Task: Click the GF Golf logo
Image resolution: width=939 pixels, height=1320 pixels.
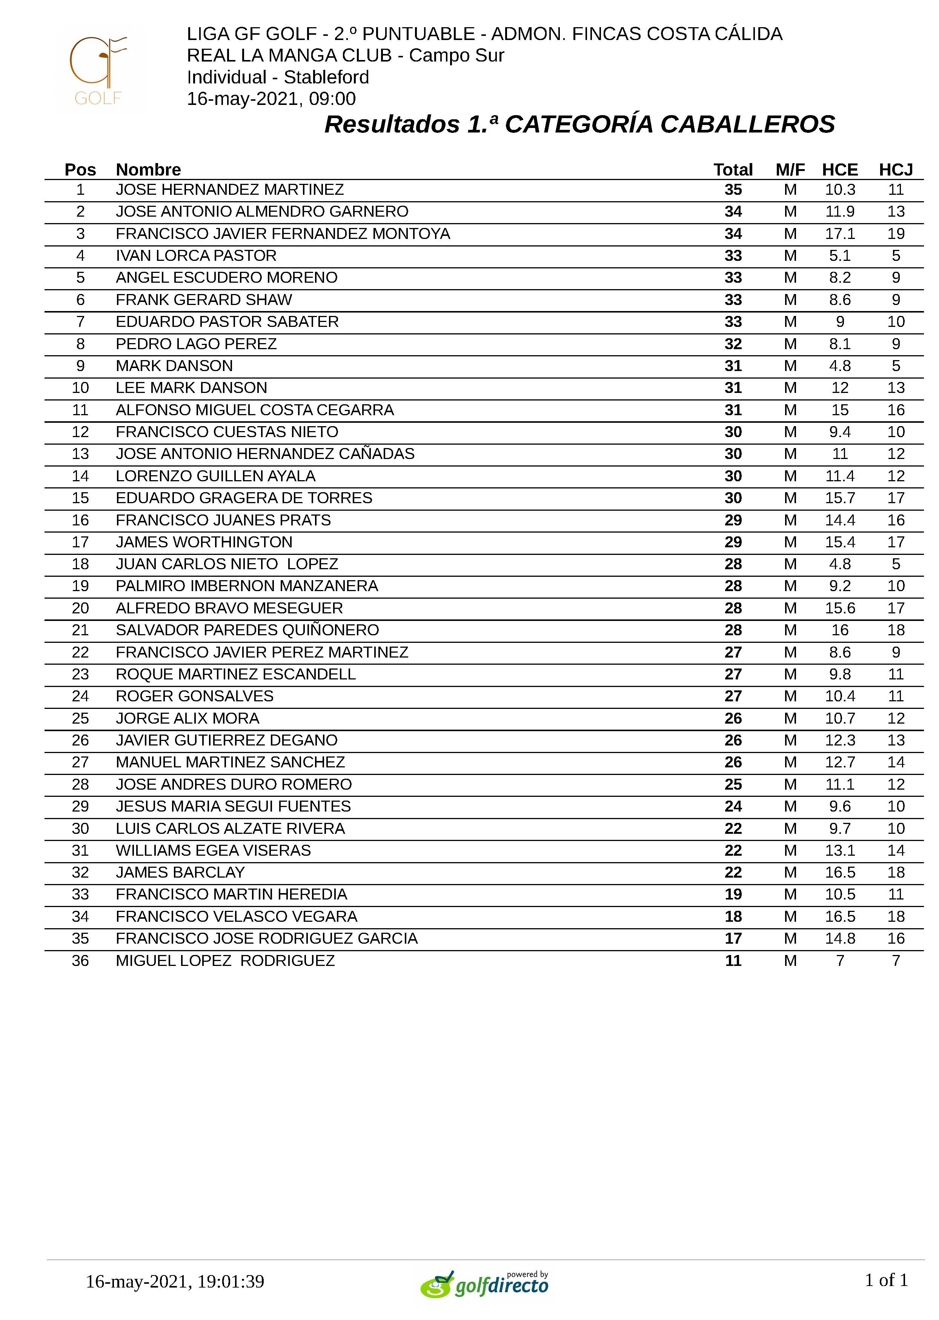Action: pos(100,71)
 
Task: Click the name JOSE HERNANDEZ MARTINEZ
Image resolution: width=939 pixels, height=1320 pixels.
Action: pos(229,190)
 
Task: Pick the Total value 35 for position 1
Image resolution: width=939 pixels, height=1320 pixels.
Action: pos(733,190)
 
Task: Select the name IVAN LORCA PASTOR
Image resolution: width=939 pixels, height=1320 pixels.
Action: pos(196,256)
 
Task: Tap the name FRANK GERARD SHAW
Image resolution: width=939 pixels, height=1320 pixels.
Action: pos(203,300)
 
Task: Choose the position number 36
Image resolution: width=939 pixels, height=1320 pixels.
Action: pos(80,961)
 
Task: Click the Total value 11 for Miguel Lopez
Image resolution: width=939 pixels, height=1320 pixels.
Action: pos(733,961)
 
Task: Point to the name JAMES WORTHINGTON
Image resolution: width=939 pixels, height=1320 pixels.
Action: pos(204,542)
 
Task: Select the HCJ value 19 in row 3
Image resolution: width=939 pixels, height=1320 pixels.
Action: pos(896,234)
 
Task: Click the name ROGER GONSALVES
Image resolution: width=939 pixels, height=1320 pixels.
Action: pos(194,696)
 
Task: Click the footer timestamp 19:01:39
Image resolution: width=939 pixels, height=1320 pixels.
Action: pos(231,1281)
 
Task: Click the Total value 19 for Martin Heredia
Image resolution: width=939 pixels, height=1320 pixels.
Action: pos(733,894)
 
